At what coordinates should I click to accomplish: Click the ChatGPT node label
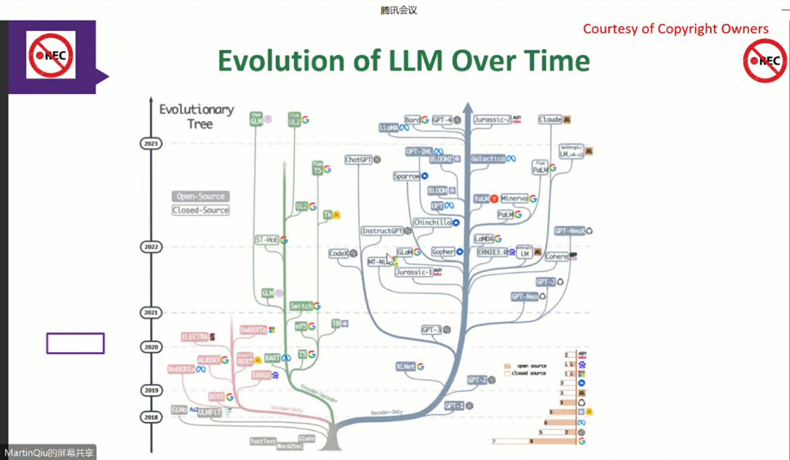pyautogui.click(x=358, y=160)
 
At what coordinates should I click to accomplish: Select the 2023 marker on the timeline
pyautogui.click(x=150, y=143)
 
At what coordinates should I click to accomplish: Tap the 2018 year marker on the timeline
pyautogui.click(x=150, y=417)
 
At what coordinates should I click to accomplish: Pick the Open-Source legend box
pyautogui.click(x=200, y=196)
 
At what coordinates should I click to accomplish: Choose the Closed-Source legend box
pyautogui.click(x=200, y=211)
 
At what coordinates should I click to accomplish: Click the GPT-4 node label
pyautogui.click(x=442, y=120)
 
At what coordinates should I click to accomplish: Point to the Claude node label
pyautogui.click(x=550, y=120)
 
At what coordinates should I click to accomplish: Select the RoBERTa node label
pyautogui.click(x=181, y=369)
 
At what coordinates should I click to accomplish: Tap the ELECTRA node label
pyautogui.click(x=195, y=336)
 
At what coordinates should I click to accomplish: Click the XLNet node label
pyautogui.click(x=406, y=366)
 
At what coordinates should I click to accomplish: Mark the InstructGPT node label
pyautogui.click(x=382, y=231)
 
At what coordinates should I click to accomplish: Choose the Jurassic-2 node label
pyautogui.click(x=492, y=120)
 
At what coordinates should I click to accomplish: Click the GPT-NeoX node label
pyautogui.click(x=569, y=231)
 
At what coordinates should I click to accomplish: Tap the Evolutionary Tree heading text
pyautogui.click(x=196, y=116)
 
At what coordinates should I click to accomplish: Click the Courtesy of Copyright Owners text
pyautogui.click(x=675, y=29)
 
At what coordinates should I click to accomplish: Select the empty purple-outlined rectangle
pyautogui.click(x=75, y=343)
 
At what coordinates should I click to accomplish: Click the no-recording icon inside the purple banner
pyautogui.click(x=51, y=55)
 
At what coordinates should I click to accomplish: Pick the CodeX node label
pyautogui.click(x=338, y=253)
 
